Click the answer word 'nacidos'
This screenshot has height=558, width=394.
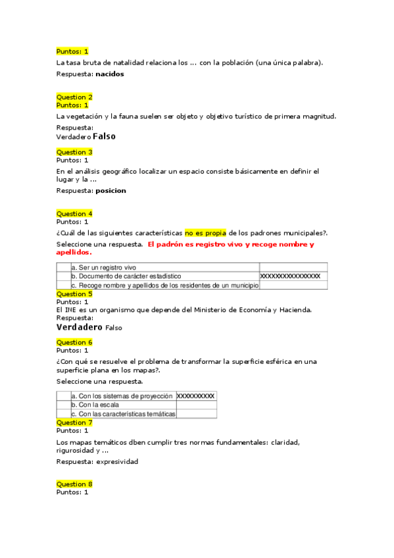click(x=110, y=74)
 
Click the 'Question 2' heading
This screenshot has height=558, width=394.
click(x=74, y=97)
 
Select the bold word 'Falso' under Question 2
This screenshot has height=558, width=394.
click(x=104, y=137)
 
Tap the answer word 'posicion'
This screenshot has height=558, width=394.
click(x=111, y=191)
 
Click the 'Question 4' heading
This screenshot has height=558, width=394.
click(x=74, y=214)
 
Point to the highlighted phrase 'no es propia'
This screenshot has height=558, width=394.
click(x=205, y=232)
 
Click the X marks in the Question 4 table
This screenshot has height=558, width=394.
click(x=290, y=276)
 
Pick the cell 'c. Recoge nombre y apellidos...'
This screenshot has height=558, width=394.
click(x=164, y=286)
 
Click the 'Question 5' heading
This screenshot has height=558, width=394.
click(x=74, y=294)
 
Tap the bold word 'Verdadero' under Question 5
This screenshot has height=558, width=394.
click(x=80, y=327)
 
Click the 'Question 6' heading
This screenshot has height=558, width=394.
click(x=74, y=342)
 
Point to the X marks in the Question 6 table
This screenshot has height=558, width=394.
click(x=196, y=396)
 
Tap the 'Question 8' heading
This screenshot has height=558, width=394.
click(x=74, y=484)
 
